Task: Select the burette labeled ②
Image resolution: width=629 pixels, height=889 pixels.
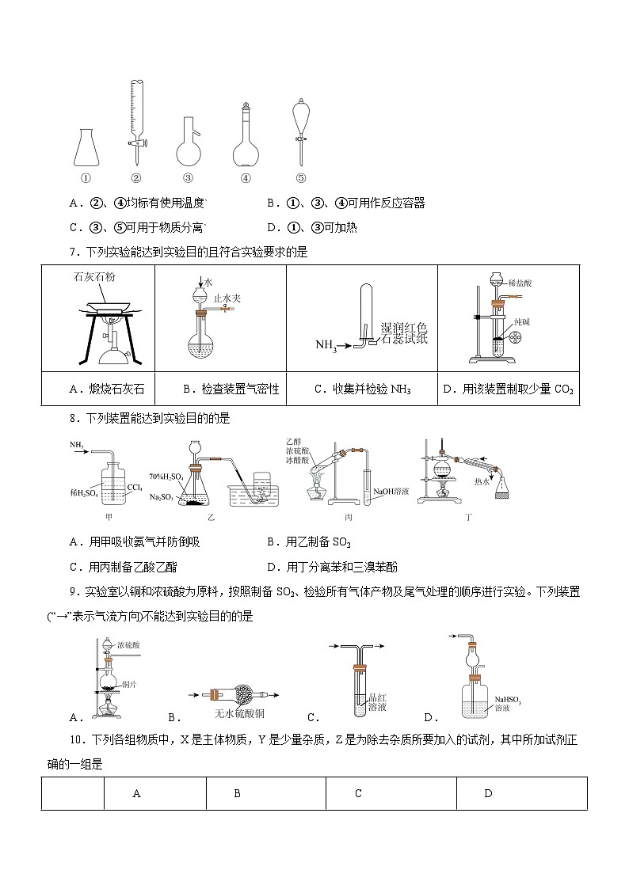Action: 136,119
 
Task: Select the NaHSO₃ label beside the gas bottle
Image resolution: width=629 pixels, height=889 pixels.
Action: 509,699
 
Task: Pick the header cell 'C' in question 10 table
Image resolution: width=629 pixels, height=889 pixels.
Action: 358,793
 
